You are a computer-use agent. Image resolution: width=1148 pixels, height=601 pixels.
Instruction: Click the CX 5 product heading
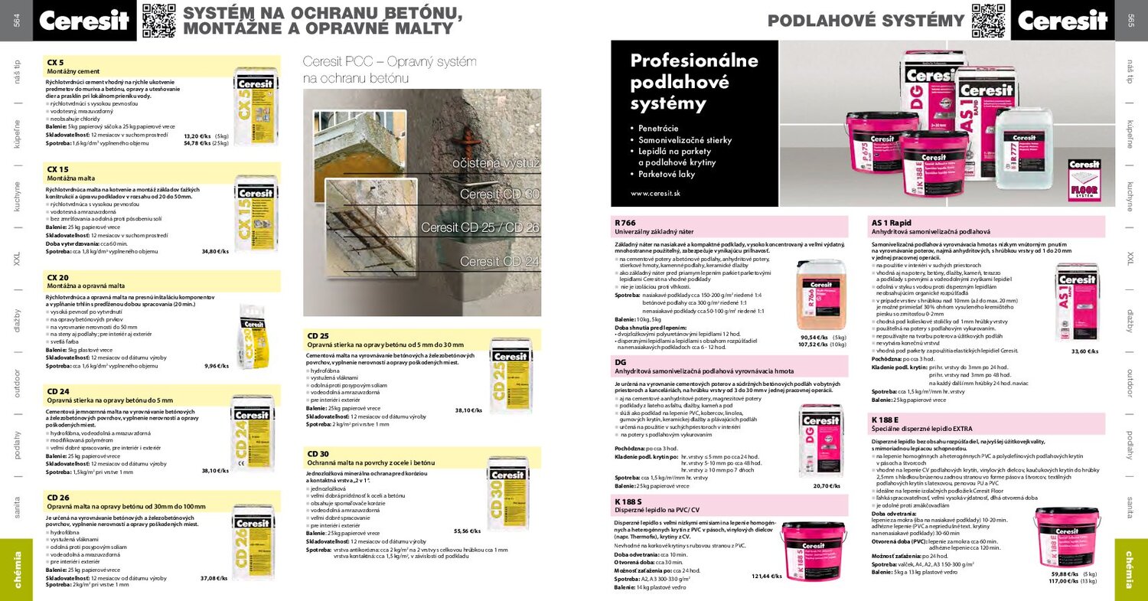[x=56, y=62]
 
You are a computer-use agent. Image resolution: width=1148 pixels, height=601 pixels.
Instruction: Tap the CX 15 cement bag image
[x=256, y=214]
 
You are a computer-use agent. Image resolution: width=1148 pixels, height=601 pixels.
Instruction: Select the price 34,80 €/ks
[x=215, y=251]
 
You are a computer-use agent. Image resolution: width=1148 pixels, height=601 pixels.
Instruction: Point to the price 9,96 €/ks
[x=217, y=366]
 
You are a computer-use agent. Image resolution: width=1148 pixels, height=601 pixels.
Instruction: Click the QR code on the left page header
[x=158, y=20]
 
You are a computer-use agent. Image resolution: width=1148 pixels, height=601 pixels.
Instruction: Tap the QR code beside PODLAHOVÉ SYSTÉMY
[x=988, y=20]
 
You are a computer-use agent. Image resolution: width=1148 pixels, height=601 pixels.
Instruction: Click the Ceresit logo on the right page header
[x=1062, y=21]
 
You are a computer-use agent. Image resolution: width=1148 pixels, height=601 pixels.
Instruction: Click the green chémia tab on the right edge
[x=1130, y=570]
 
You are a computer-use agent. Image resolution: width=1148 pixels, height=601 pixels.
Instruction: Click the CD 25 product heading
[x=318, y=335]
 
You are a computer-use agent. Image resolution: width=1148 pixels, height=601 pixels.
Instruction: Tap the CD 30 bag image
[x=508, y=498]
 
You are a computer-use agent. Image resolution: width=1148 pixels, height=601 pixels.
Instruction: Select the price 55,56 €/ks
[x=467, y=531]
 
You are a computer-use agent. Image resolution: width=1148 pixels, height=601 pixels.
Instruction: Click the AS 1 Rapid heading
[x=891, y=222]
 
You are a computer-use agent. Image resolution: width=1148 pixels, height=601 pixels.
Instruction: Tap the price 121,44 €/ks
[x=765, y=576]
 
